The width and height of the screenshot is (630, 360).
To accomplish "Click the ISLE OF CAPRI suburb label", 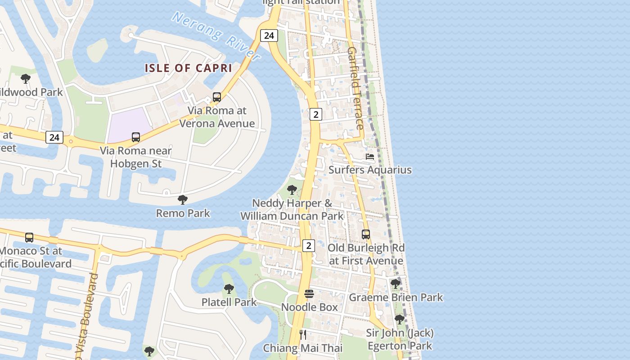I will coord(188,68).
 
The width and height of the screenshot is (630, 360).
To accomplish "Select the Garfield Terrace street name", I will coord(355,88).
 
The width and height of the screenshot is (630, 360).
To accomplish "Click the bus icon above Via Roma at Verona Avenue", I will coord(217,97).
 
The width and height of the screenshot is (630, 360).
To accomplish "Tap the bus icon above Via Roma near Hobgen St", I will coord(136,137).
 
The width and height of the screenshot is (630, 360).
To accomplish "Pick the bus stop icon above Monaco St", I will coord(29,237).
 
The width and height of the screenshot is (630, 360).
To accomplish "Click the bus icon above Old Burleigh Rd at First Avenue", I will coord(366,234).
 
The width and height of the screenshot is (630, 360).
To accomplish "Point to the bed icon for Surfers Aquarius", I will coord(370,157).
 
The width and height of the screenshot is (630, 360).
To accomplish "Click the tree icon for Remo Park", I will coord(182,199).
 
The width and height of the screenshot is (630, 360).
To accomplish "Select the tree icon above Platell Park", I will coord(229,288).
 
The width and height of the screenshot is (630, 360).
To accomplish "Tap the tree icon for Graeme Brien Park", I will coord(395,284).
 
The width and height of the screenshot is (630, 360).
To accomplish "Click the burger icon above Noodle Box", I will coord(309,294).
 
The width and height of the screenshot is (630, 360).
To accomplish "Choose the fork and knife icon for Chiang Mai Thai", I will coord(303,335).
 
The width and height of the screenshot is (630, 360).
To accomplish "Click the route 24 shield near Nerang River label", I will coord(269,36).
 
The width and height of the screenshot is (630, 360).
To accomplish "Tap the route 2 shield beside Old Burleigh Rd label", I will coord(308,246).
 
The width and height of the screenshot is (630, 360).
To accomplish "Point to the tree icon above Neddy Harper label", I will coord(292,190).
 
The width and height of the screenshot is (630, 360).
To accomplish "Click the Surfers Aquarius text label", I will coord(370,170).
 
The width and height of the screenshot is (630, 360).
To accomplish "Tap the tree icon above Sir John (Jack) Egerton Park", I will coord(399,319).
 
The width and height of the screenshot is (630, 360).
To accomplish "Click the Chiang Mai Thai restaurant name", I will coord(302,348).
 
